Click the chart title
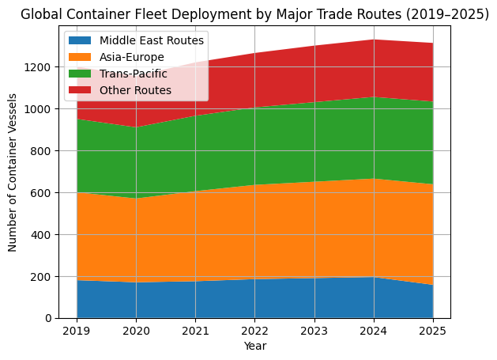coord(254,14)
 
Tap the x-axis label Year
coord(254,346)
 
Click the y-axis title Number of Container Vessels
coord(13,172)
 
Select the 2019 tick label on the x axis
coord(77,330)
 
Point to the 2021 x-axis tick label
coord(195,330)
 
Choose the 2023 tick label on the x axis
coord(314,330)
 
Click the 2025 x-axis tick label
coord(432,330)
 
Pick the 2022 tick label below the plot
coord(254,330)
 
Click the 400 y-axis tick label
coord(43,235)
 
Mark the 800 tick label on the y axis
coord(43,151)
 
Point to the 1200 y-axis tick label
coord(40,67)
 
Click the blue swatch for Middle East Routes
coord(81,40)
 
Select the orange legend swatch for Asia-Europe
coord(81,57)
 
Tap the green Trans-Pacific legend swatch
coord(81,74)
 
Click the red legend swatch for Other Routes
coord(81,90)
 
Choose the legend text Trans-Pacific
coord(134,74)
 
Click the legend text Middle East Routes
coord(152,40)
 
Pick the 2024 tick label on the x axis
coord(373,330)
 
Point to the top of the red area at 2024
coord(373,40)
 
